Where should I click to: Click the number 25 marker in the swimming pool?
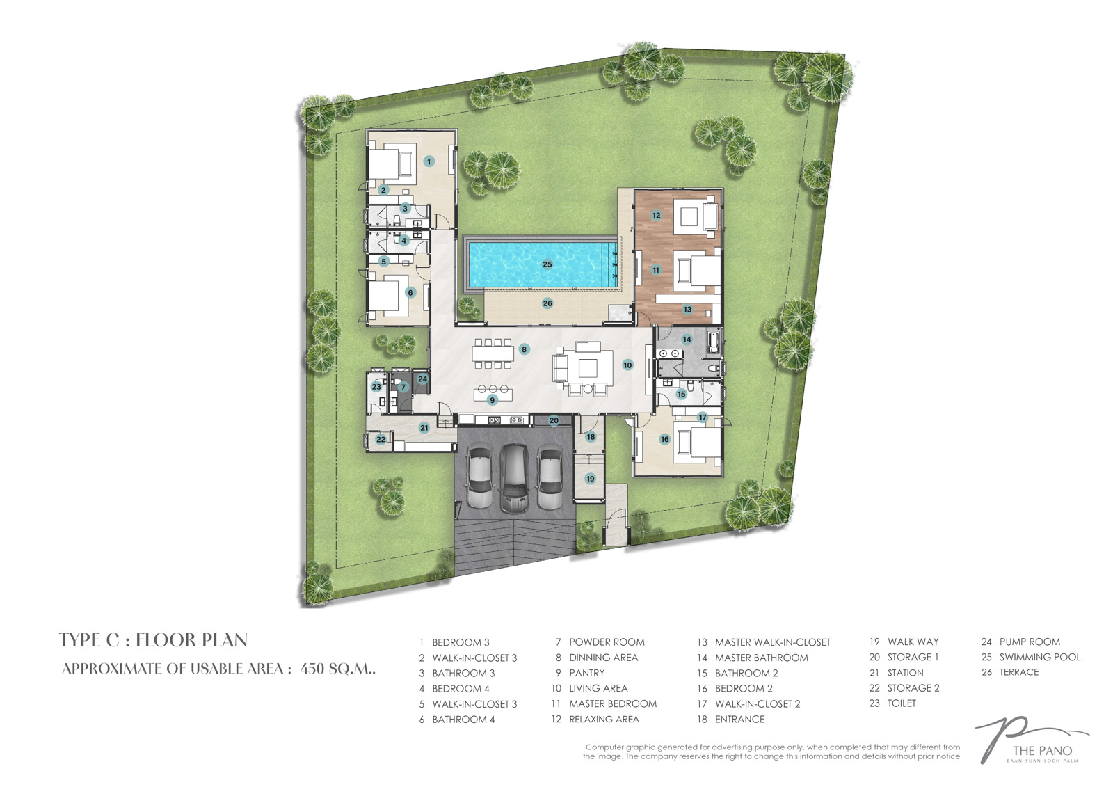pyautogui.click(x=547, y=264)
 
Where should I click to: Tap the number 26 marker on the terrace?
pyautogui.click(x=547, y=303)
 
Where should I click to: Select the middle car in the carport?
pyautogui.click(x=515, y=479)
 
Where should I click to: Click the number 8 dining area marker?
pyautogui.click(x=524, y=349)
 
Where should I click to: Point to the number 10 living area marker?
pyautogui.click(x=627, y=365)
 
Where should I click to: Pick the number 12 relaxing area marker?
pyautogui.click(x=657, y=215)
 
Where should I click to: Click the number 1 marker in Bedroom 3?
pyautogui.click(x=429, y=161)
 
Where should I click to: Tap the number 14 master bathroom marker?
pyautogui.click(x=687, y=340)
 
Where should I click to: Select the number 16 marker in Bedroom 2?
pyautogui.click(x=665, y=439)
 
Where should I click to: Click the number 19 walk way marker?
pyautogui.click(x=591, y=479)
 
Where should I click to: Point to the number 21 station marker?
pyautogui.click(x=424, y=427)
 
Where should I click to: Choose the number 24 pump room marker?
pyautogui.click(x=422, y=379)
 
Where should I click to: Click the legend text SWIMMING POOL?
pyautogui.click(x=1040, y=657)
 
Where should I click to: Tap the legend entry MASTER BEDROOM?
pyautogui.click(x=613, y=703)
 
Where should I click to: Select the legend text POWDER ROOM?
pyautogui.click(x=607, y=642)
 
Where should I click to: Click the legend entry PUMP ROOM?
pyautogui.click(x=1030, y=642)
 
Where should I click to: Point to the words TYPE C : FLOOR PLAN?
pyautogui.click(x=153, y=640)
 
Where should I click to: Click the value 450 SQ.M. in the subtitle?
pyautogui.click(x=337, y=668)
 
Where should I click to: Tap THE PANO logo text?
pyautogui.click(x=1043, y=751)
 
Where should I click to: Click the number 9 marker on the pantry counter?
pyautogui.click(x=493, y=399)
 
